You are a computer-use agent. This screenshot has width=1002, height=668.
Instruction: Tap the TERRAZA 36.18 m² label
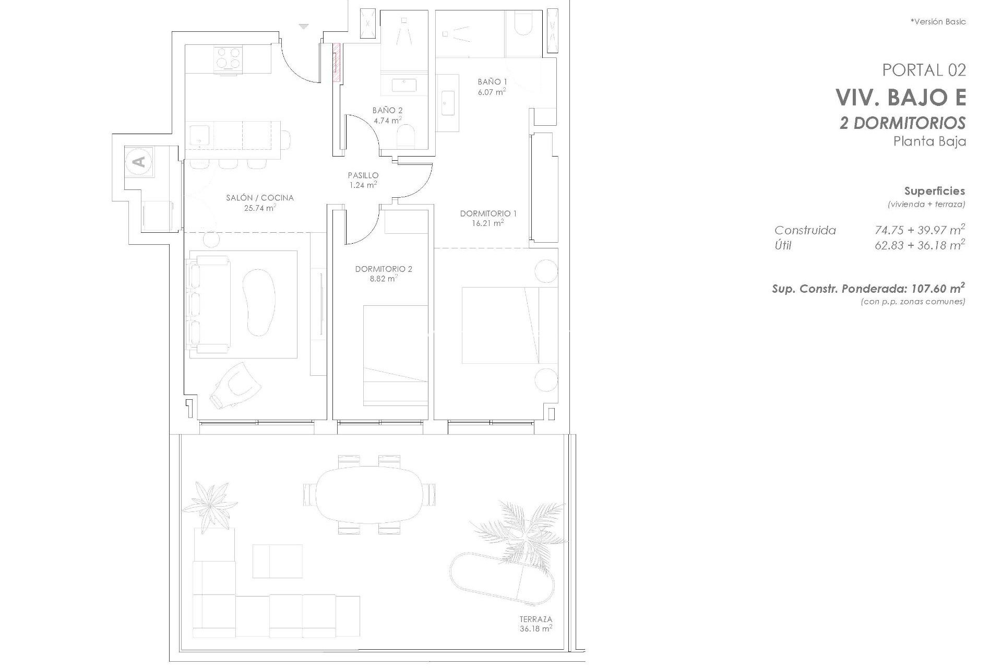(535, 624)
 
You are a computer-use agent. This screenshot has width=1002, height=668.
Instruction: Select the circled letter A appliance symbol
(139, 161)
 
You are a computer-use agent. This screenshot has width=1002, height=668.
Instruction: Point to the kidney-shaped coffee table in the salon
(259, 302)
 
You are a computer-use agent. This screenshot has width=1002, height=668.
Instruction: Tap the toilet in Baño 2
(405, 137)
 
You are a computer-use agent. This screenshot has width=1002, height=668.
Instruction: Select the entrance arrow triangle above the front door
(304, 26)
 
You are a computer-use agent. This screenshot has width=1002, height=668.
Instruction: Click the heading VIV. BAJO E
(900, 97)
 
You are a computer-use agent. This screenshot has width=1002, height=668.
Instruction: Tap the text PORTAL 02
(924, 70)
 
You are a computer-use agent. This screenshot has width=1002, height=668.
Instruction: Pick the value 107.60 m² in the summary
(937, 289)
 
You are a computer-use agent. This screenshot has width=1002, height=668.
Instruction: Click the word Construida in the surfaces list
(805, 230)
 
